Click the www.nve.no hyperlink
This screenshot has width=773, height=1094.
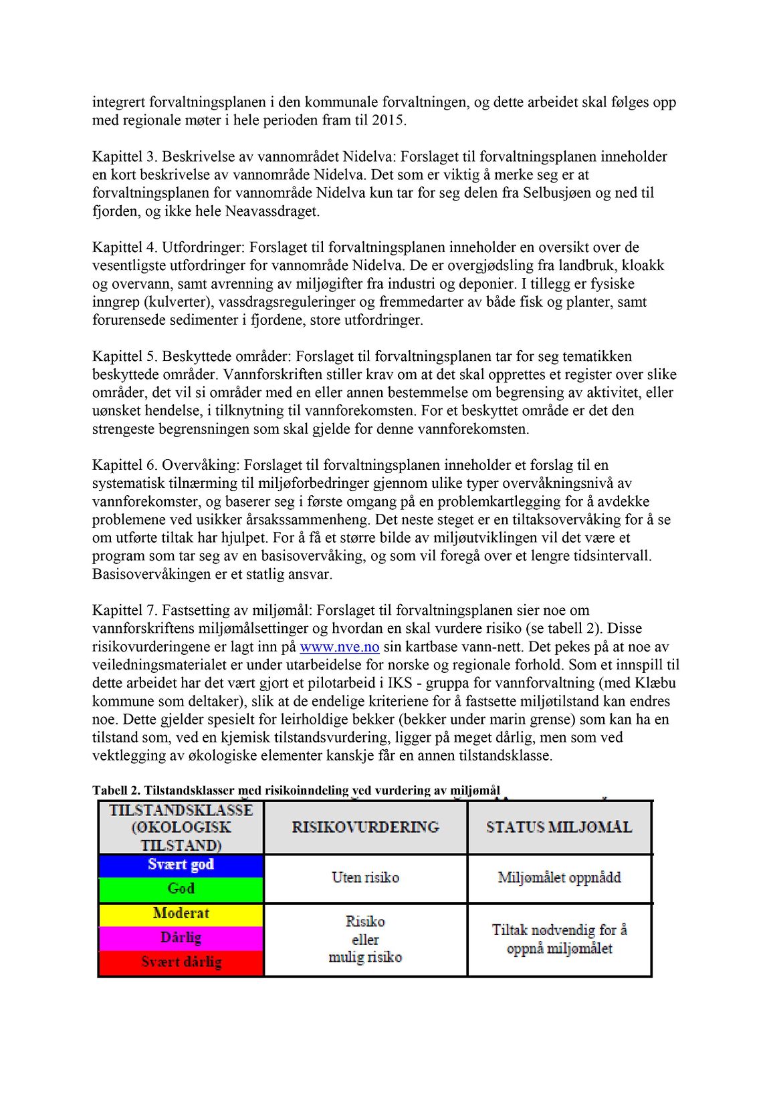tap(340, 647)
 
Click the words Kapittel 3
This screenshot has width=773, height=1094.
tap(124, 157)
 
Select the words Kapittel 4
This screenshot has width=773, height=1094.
tap(124, 247)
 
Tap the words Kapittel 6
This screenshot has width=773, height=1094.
tap(124, 465)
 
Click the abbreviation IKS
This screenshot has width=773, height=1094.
tap(403, 683)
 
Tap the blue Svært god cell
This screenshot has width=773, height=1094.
tap(181, 865)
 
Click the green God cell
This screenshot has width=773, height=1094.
tap(181, 889)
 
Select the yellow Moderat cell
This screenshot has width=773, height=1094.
tap(181, 914)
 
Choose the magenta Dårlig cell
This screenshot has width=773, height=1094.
tap(181, 938)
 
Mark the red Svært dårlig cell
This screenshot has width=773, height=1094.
tap(181, 962)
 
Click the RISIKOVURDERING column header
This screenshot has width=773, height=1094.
tap(366, 827)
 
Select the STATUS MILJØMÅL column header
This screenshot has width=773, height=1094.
tap(559, 827)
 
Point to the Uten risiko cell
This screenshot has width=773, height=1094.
tap(366, 877)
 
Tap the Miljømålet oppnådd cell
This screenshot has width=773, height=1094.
tap(559, 877)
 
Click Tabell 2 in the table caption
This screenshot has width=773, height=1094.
tap(116, 791)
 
